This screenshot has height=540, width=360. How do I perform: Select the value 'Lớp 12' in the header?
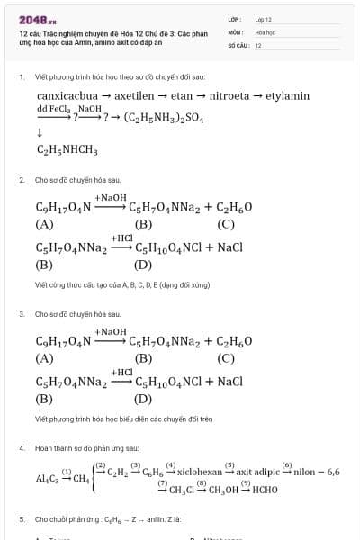click(x=263, y=19)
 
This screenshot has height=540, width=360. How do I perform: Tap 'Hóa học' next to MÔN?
click(x=264, y=31)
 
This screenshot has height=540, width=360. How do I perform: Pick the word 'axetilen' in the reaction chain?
click(x=135, y=95)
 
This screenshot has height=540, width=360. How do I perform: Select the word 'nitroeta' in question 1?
click(x=232, y=95)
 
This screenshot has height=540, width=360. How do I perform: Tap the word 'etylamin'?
click(x=287, y=95)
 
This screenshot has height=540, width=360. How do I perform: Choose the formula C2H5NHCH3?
click(x=67, y=150)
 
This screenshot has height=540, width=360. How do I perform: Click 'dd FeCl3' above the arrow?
click(x=53, y=108)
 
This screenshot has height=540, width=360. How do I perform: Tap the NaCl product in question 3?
click(x=229, y=381)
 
